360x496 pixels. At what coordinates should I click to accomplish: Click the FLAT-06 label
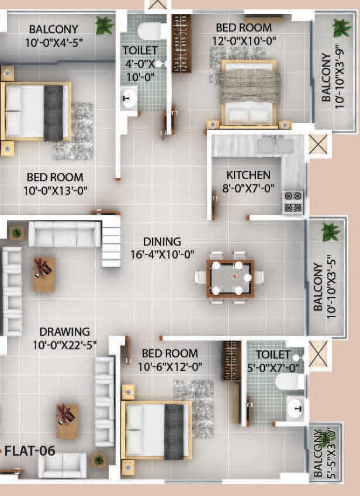[28, 450]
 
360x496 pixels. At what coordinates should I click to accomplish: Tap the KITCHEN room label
[248, 175]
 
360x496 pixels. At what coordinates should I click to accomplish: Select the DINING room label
[162, 242]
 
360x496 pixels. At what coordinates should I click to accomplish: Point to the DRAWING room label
[64, 332]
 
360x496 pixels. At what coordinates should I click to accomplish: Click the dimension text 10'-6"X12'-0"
[169, 367]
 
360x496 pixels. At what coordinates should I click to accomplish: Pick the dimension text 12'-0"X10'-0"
[244, 40]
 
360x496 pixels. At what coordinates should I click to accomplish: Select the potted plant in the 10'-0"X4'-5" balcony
[105, 25]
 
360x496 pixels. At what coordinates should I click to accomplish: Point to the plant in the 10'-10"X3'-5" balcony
[330, 232]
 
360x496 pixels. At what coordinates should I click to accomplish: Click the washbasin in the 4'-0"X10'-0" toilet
[128, 99]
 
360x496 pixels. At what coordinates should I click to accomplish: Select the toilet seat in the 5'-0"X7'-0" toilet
[290, 381]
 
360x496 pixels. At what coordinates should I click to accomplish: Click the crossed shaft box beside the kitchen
[319, 144]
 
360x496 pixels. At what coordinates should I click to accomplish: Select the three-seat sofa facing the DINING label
[64, 234]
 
